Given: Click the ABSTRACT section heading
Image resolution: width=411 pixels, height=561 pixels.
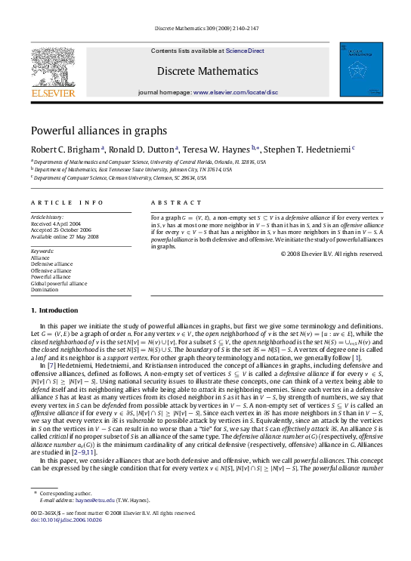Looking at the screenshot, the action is (x=171, y=204).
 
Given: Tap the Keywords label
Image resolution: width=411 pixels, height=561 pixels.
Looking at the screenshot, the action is (x=42, y=249).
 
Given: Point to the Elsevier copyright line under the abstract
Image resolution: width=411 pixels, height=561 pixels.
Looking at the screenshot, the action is (x=332, y=254).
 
